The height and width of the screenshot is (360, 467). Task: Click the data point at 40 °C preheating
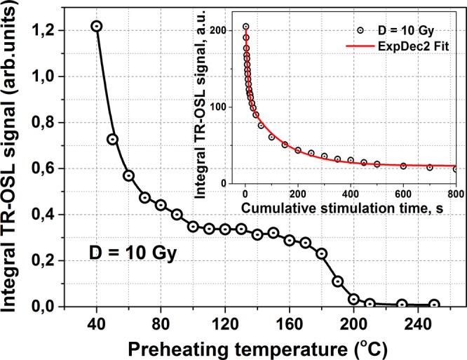97,26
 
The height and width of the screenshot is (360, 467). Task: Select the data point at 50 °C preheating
112,139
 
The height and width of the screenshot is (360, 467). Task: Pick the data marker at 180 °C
322,253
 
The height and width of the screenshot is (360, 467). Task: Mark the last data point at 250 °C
434,305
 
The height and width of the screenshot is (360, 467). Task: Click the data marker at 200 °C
354,299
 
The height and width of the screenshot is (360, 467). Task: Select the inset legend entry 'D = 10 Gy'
407,31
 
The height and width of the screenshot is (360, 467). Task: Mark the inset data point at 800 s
456,169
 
